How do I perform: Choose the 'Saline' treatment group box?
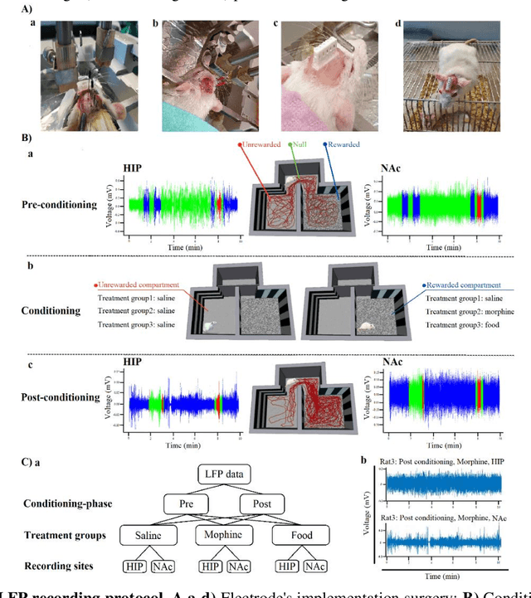(146, 536)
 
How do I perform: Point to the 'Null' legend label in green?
(299, 144)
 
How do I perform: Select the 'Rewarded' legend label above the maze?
(346, 144)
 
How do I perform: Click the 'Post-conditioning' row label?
(61, 397)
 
